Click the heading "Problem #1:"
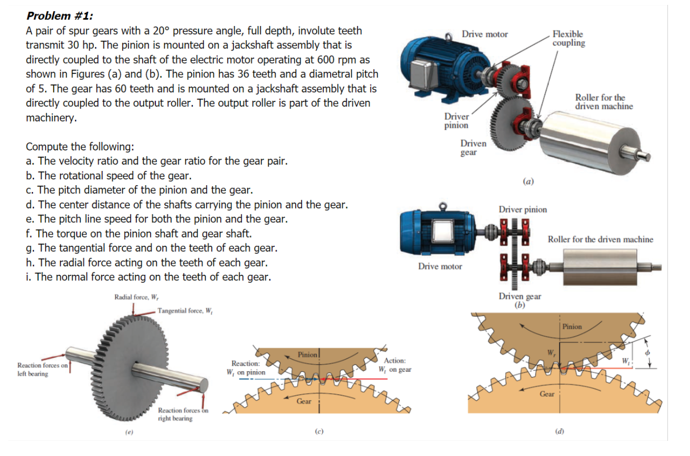[x=59, y=16]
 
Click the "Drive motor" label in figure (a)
[x=485, y=34]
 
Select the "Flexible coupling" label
[x=568, y=38]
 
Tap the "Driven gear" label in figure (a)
[x=473, y=147]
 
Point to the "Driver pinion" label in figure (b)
[x=522, y=209]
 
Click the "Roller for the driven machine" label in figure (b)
[x=600, y=239]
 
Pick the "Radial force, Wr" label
[x=136, y=297]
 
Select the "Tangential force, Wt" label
[x=184, y=311]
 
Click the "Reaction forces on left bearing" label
[x=42, y=369]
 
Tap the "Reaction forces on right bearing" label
[x=182, y=414]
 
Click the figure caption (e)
[x=129, y=432]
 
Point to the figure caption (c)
[x=319, y=432]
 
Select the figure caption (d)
[x=559, y=432]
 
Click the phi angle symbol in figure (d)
[x=647, y=352]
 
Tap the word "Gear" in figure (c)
[x=304, y=401]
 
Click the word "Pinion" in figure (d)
[x=572, y=326]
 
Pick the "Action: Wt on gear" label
[x=395, y=365]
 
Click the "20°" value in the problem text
[x=160, y=31]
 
